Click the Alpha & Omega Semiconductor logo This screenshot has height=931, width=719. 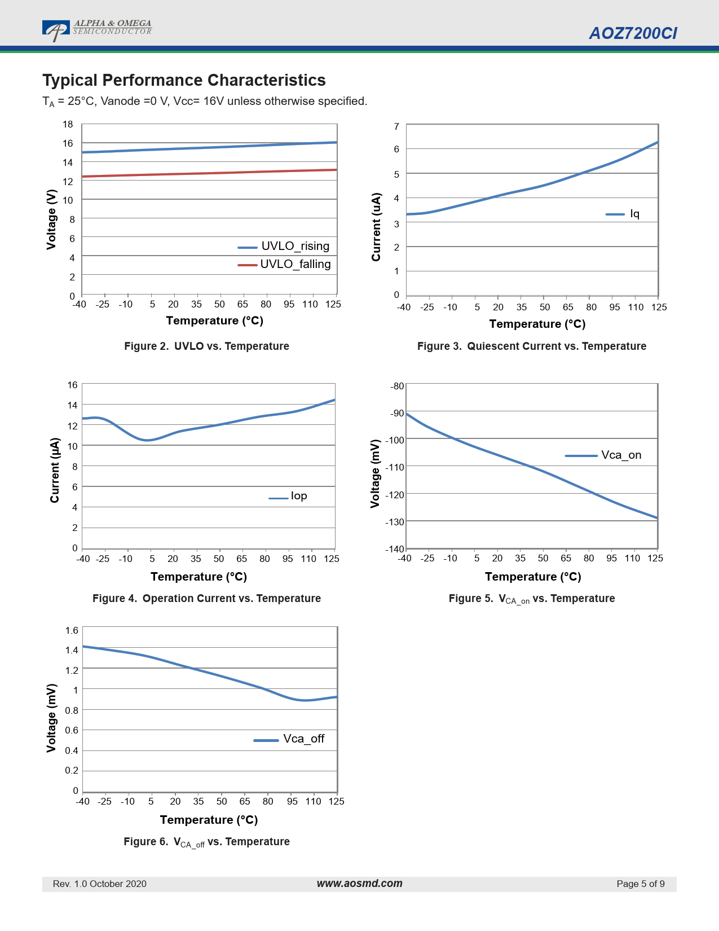pos(97,30)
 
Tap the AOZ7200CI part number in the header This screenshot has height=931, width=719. pos(633,33)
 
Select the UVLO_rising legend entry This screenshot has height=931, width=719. pos(284,247)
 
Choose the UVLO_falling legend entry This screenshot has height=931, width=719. pos(284,264)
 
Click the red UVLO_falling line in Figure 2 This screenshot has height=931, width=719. pos(209,173)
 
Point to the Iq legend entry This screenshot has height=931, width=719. pos(623,214)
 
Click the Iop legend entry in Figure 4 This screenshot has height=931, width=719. pos(288,496)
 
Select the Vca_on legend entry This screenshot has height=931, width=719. pos(603,455)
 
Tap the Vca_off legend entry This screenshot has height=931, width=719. pos(289,739)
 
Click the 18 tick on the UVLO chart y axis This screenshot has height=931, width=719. pos(68,124)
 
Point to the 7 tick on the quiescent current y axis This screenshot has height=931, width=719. pos(396,126)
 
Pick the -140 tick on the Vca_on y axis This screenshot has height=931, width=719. pos(395,549)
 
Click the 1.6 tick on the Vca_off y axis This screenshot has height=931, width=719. pos(72,630)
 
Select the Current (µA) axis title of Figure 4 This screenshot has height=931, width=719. pos(54,470)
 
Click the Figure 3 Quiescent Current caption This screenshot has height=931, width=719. pos(531,346)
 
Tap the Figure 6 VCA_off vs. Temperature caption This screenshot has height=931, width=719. pos(206,842)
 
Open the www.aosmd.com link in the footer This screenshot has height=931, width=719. pos(360,883)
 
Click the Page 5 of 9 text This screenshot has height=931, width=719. pos(641,884)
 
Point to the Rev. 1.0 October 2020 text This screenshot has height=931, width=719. pos(99,884)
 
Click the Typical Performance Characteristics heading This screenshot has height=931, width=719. pos(184,80)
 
